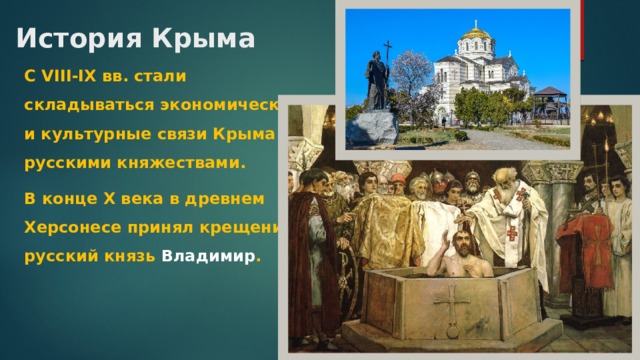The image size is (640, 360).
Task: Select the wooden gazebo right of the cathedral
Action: pos(550,100)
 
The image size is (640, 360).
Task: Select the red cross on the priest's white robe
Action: pos(512,232)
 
